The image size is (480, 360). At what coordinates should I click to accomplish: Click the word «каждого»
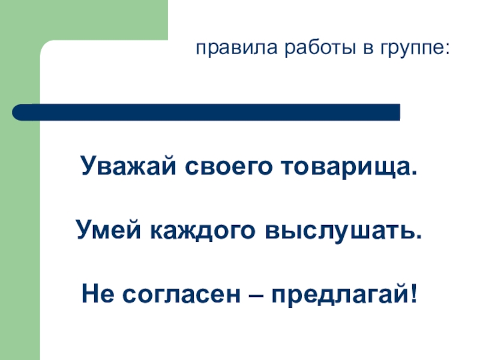pos(189,231)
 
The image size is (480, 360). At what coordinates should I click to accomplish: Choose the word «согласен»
pos(175,295)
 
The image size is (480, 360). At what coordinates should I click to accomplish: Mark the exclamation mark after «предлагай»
pos(412,295)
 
